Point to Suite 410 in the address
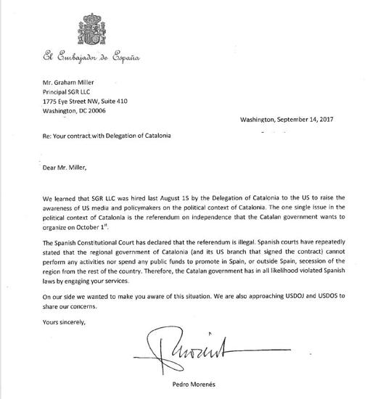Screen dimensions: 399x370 (137, 102)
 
